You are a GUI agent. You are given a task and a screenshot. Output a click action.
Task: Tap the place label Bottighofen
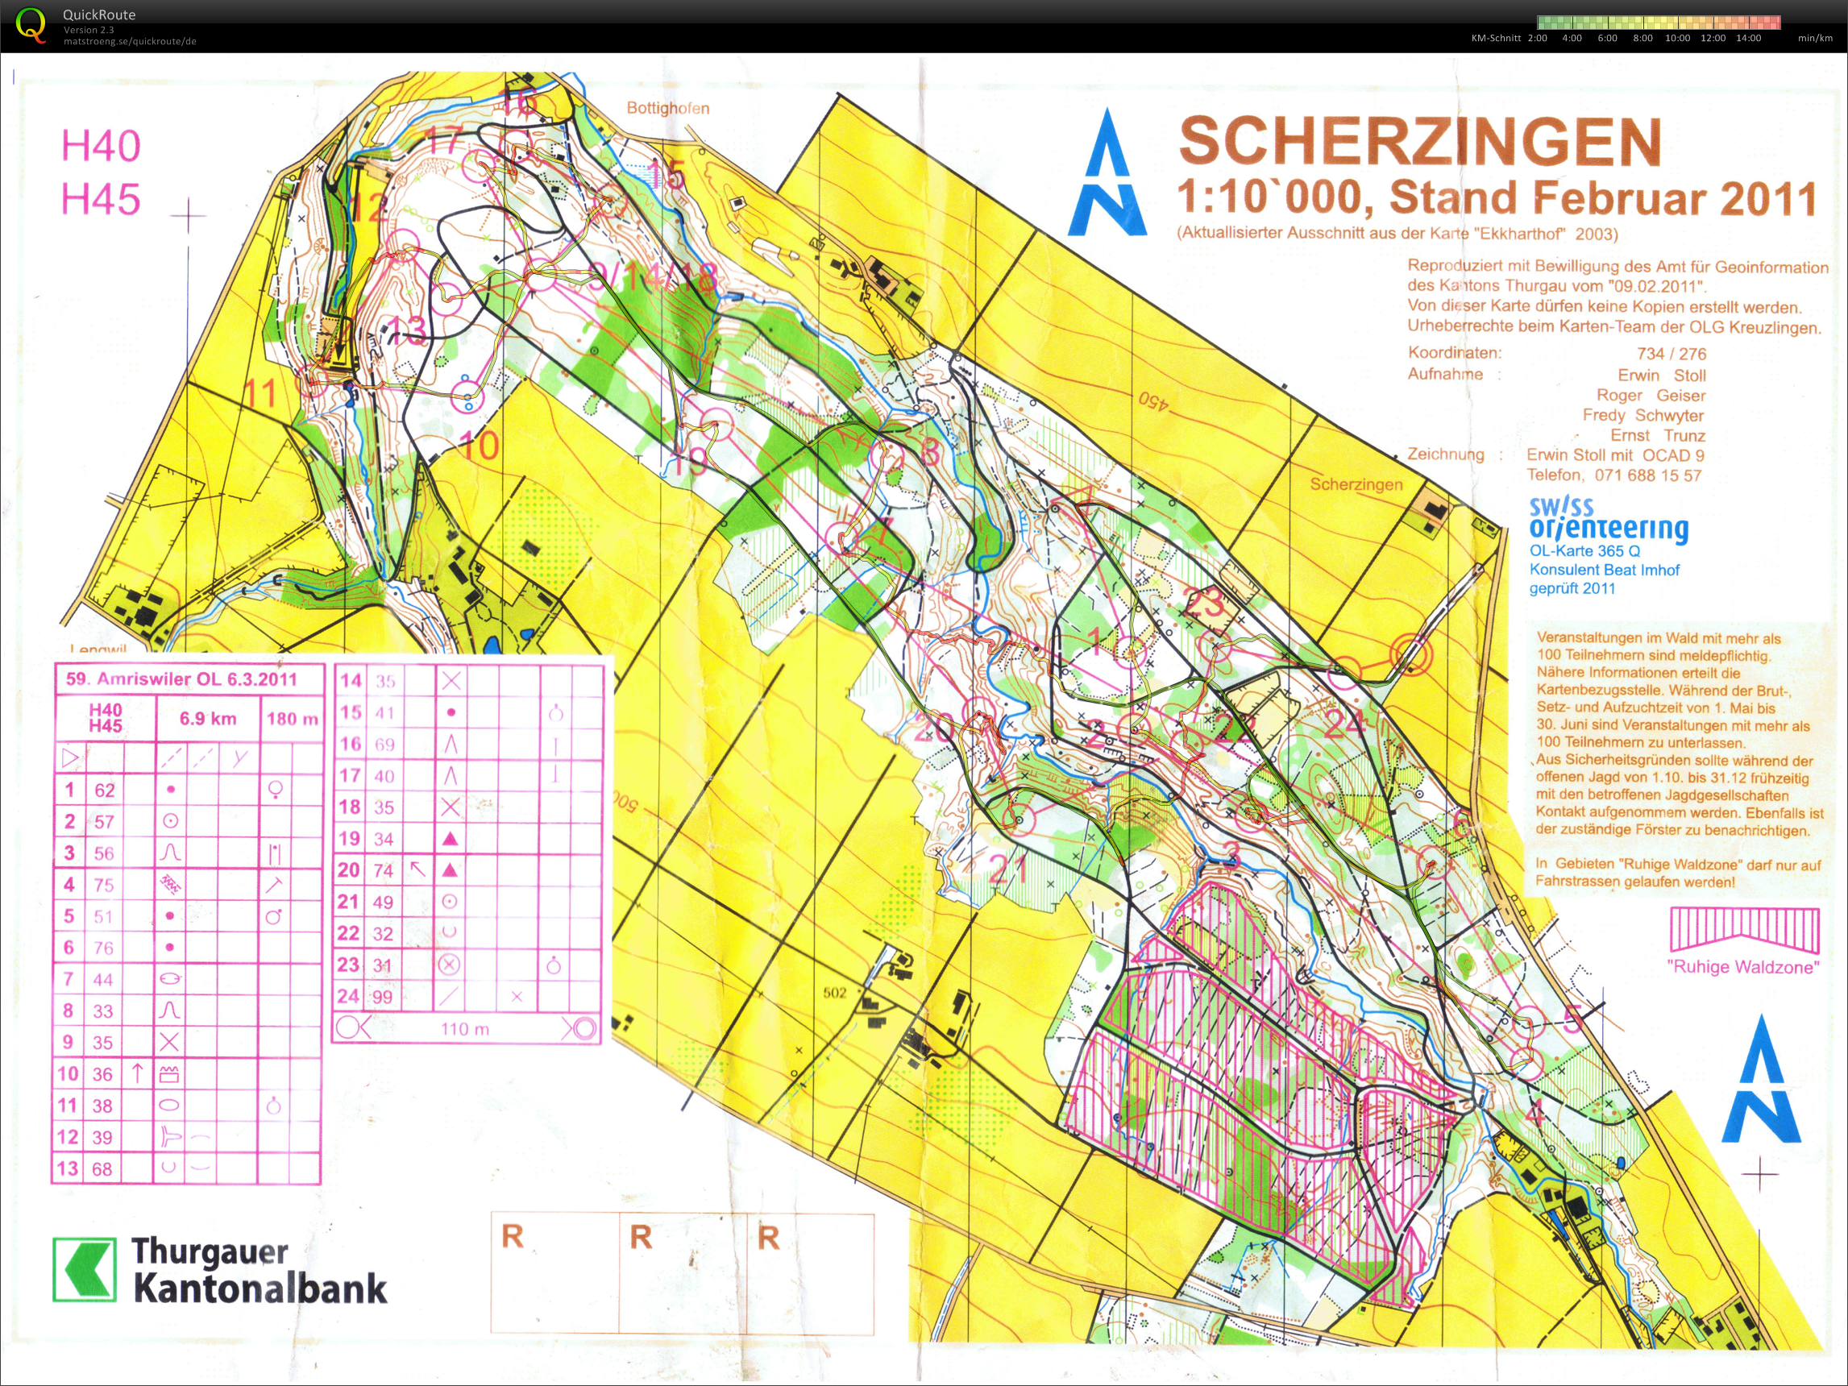(667, 108)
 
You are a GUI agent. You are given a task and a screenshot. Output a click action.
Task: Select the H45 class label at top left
(100, 200)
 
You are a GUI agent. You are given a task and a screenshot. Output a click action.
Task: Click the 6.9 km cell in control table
(208, 719)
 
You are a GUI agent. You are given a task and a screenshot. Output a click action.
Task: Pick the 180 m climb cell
(292, 719)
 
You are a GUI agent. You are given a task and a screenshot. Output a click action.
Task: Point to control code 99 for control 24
(382, 997)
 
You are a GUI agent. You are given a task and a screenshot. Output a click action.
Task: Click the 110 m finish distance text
(464, 1029)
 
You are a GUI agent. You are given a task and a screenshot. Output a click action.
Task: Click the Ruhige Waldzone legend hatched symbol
(1744, 930)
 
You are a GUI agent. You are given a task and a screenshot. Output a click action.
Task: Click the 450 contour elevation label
(1153, 400)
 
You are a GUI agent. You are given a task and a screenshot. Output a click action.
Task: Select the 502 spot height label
(835, 993)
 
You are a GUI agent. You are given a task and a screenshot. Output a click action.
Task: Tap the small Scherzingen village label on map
(1356, 484)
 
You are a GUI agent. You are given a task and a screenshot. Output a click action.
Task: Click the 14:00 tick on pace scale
(1748, 39)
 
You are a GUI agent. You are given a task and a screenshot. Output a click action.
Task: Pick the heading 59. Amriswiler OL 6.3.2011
(181, 678)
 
